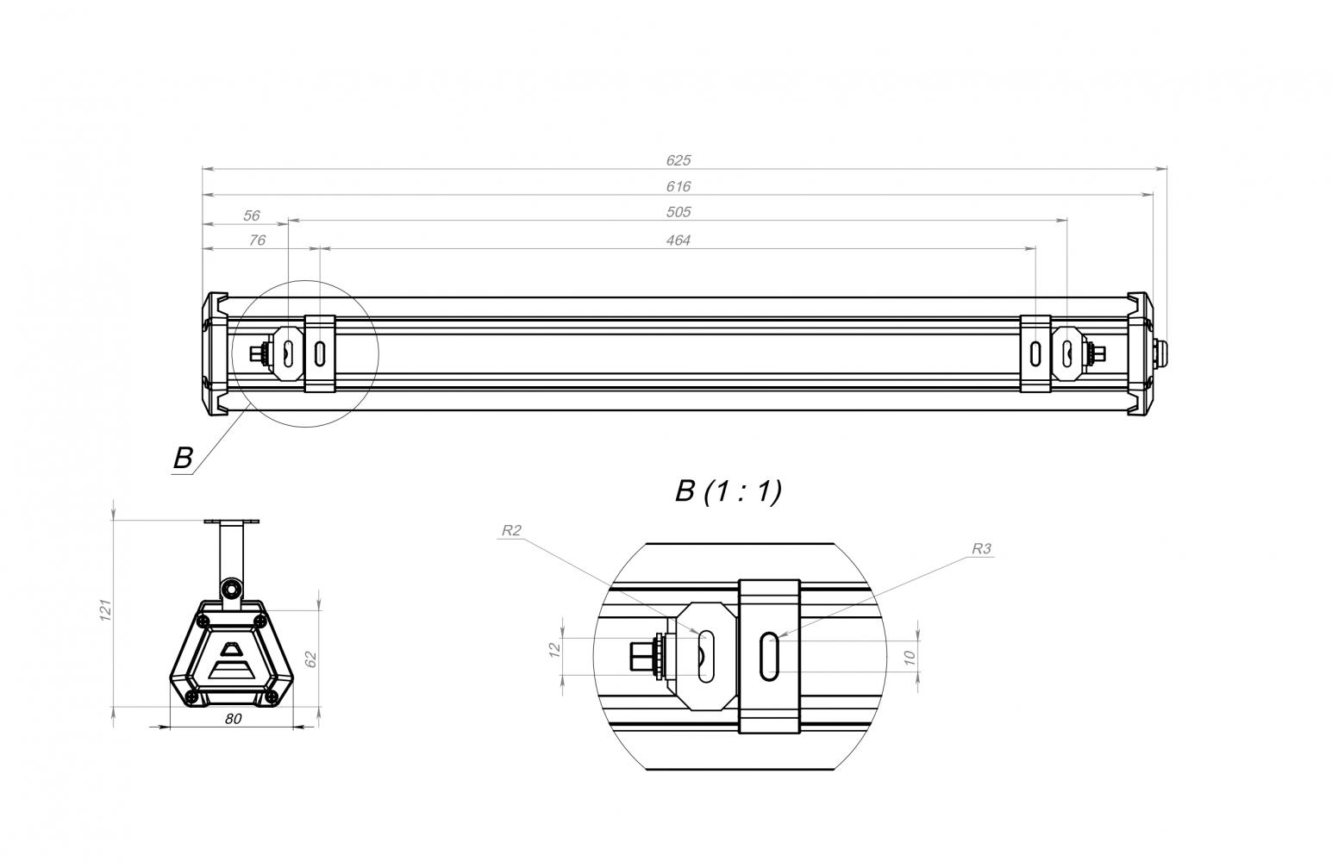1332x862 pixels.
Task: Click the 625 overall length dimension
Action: click(679, 160)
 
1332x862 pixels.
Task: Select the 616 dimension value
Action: click(679, 187)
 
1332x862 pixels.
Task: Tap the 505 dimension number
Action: click(679, 212)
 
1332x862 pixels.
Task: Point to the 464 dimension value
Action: click(679, 240)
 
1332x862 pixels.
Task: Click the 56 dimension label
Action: click(252, 215)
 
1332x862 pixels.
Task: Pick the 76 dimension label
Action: click(257, 240)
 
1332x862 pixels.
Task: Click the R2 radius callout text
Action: click(511, 530)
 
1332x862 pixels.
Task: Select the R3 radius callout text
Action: click(981, 549)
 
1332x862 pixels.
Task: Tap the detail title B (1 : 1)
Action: click(729, 492)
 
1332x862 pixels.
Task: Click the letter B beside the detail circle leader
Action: click(183, 459)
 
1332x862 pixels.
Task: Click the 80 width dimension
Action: click(233, 719)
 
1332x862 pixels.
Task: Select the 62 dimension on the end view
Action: click(311, 659)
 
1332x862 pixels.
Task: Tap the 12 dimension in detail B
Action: click(555, 650)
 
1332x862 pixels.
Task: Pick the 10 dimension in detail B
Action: click(910, 658)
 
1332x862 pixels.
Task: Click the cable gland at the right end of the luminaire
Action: click(1157, 353)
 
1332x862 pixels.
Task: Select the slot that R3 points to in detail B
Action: click(769, 657)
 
